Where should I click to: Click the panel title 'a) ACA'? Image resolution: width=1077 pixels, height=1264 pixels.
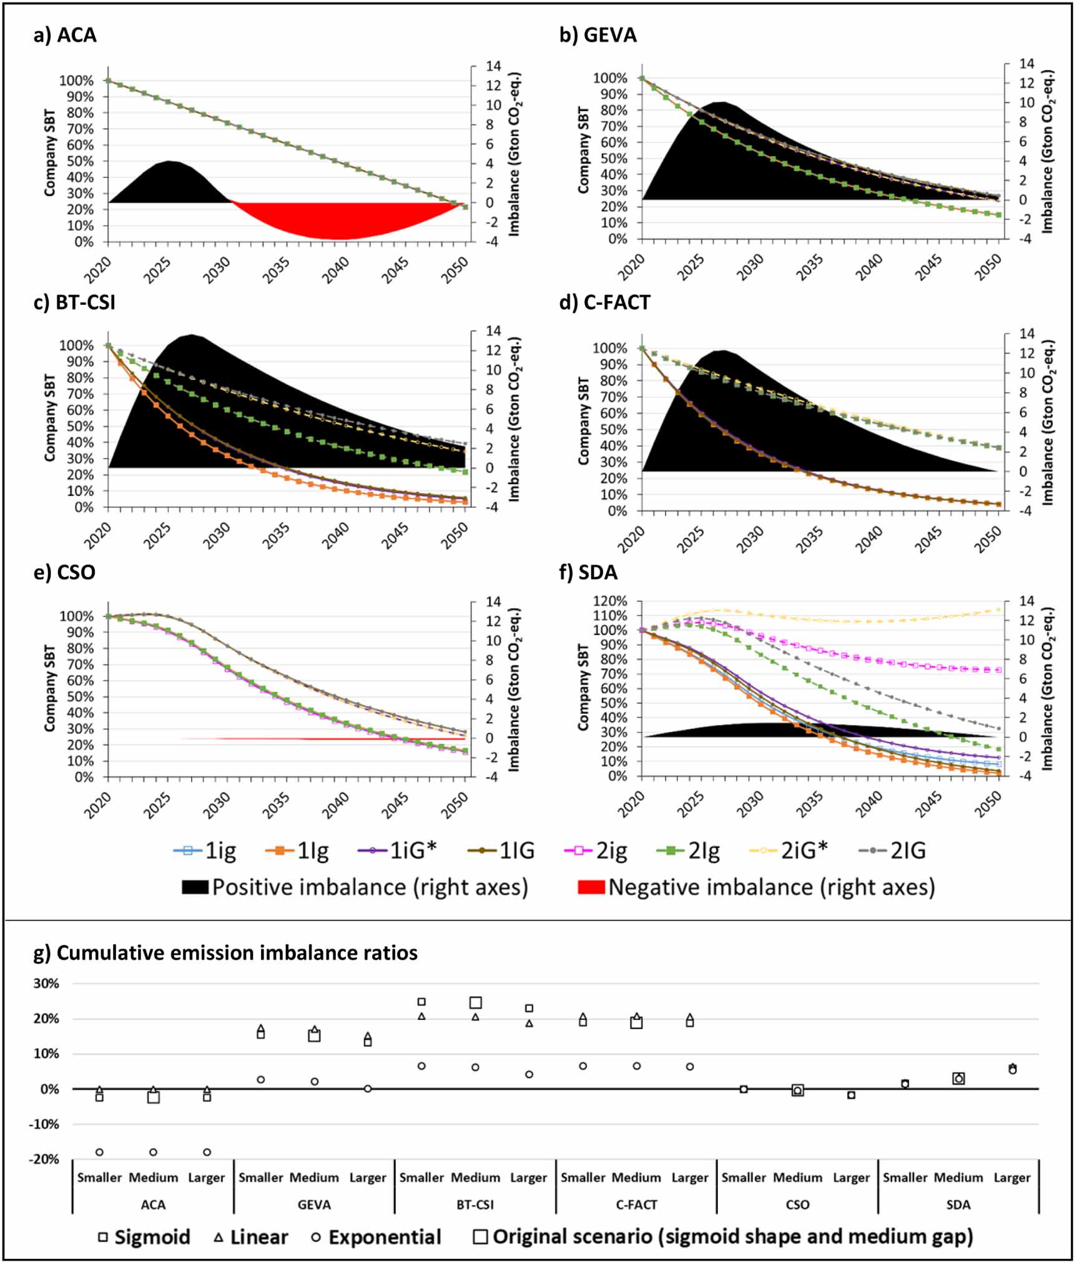65,34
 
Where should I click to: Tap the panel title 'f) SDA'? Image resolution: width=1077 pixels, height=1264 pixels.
588,572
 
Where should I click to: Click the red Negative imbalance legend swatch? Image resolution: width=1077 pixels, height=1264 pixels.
591,887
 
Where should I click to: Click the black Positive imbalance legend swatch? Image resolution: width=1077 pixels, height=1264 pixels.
195,887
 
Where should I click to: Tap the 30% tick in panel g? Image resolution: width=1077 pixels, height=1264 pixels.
46,984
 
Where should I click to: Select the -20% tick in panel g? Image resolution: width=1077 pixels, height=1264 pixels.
44,1160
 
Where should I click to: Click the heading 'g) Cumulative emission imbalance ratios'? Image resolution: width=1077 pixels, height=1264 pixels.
225,953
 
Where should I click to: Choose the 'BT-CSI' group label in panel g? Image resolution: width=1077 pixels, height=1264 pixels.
475,1205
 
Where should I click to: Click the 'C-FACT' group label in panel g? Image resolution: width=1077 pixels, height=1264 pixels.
636,1205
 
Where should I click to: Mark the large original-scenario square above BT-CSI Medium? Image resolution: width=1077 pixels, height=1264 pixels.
476,1003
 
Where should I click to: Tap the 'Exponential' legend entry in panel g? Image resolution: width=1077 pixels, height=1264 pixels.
377,1237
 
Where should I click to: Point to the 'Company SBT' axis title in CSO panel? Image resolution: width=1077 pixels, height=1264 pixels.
49,688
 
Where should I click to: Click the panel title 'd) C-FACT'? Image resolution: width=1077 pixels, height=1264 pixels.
604,302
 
